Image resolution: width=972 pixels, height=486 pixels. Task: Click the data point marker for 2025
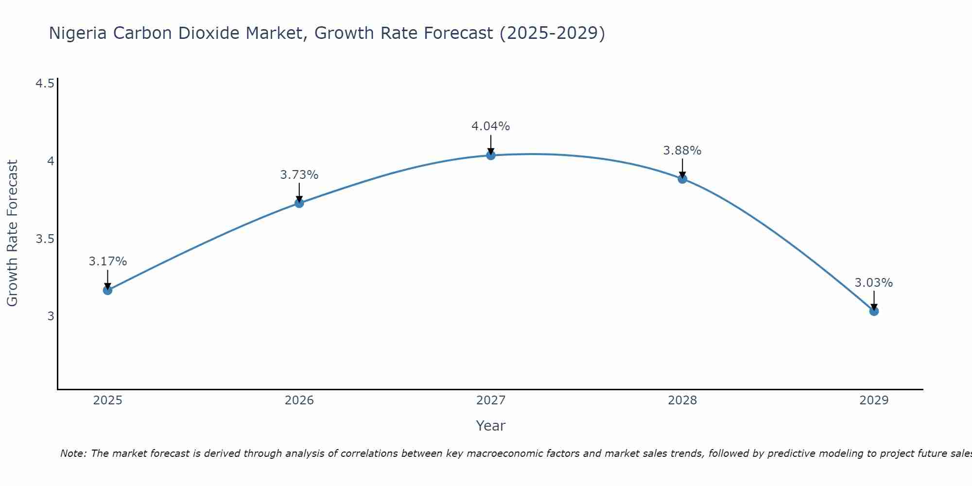[x=107, y=290]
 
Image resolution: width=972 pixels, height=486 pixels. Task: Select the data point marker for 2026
[x=299, y=203]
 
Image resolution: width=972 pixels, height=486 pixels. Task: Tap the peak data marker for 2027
[x=491, y=155]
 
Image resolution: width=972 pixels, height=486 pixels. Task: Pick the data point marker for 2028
[x=682, y=179]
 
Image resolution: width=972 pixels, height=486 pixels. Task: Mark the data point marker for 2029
[x=874, y=311]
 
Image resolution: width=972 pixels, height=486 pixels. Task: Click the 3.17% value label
[x=107, y=261]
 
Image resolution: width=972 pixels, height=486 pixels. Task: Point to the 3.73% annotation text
[x=299, y=175]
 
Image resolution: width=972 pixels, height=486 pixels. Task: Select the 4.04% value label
[x=491, y=126]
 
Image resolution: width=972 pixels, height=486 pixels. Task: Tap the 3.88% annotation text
[x=682, y=151]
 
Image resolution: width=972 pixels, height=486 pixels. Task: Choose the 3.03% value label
[x=874, y=283]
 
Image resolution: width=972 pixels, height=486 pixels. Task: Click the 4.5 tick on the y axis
[x=45, y=84]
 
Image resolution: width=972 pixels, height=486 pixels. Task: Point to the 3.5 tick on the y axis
[x=45, y=239]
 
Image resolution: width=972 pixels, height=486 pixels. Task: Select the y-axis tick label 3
[x=51, y=316]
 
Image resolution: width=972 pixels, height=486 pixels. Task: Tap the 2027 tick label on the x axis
[x=491, y=400]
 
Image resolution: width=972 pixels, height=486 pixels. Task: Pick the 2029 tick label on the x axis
[x=874, y=400]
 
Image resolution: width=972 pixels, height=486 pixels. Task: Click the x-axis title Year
[x=491, y=426]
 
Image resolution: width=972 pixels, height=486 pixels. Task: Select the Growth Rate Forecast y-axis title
[x=12, y=233]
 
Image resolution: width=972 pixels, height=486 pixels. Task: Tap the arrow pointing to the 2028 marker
[x=682, y=168]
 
